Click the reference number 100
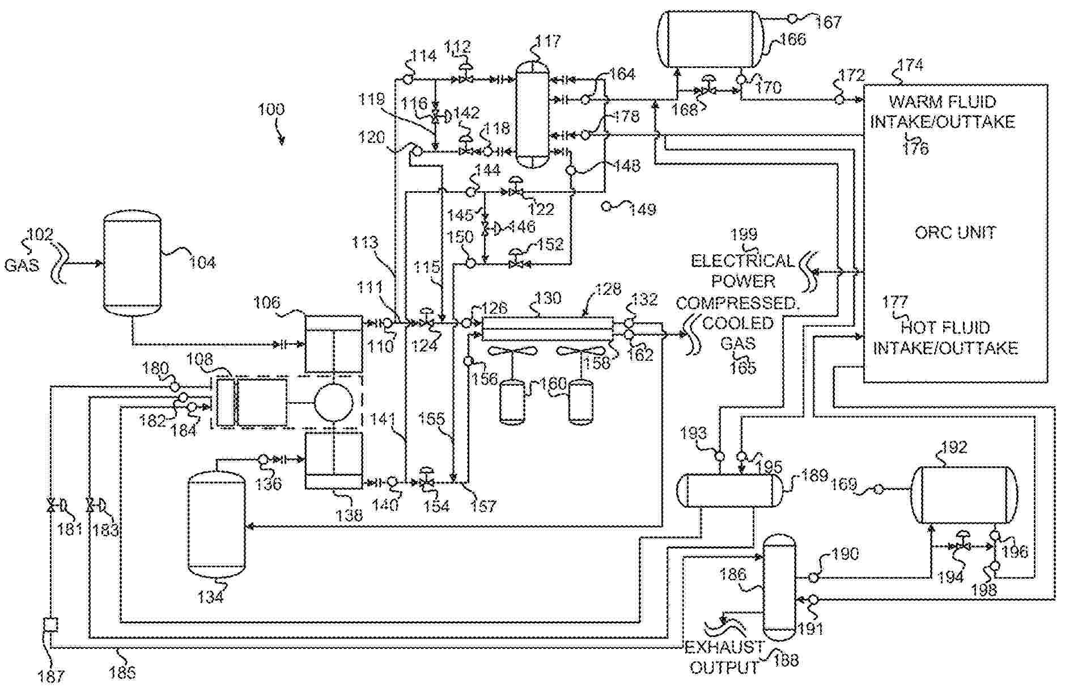click(271, 109)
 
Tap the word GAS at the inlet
click(22, 265)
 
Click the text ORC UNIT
click(955, 233)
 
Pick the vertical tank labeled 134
click(216, 525)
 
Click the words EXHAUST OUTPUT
click(724, 657)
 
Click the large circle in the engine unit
click(334, 402)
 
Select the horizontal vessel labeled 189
click(729, 491)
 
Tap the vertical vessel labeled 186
click(779, 586)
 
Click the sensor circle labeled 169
click(878, 488)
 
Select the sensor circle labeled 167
click(792, 19)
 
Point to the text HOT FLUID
click(945, 328)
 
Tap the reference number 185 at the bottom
click(122, 673)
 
